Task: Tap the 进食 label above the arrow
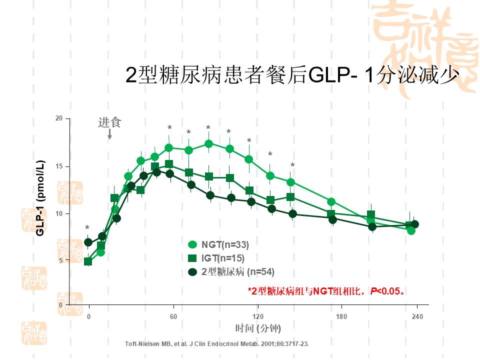tap(109, 122)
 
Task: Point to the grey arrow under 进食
tap(109, 134)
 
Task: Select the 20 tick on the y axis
tap(59, 118)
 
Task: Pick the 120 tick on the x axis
tap(258, 316)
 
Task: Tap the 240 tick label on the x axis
tap(417, 316)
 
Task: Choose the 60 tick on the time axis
tap(173, 316)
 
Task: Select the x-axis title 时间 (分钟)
tap(258, 328)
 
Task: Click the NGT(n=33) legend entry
tap(224, 244)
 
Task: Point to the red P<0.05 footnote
tap(326, 290)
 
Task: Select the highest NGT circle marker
tap(209, 144)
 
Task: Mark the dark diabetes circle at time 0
tap(88, 242)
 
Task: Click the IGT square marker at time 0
tap(88, 261)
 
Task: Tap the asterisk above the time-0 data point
tap(87, 228)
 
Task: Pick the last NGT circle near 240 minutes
tap(411, 230)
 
